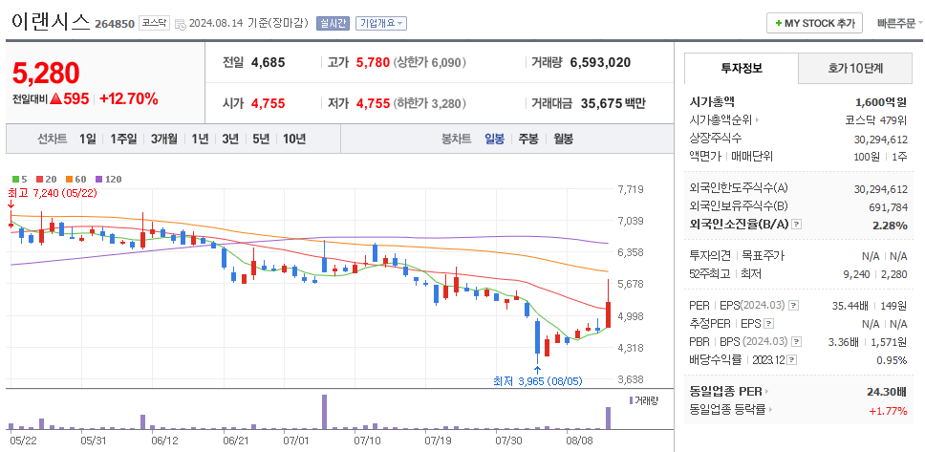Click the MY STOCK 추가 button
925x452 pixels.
pos(815,23)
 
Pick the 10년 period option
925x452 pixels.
pos(294,139)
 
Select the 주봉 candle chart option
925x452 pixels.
pos(527,139)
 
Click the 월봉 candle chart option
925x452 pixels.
pos(563,139)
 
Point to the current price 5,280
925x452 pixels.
pos(45,73)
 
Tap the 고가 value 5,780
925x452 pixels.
pos(373,63)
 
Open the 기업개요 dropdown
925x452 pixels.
pos(380,23)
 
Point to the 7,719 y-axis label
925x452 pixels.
pos(631,189)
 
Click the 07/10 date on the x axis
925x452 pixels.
pos(368,441)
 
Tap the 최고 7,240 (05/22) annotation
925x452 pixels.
pos(53,192)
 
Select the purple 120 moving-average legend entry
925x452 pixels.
pos(108,179)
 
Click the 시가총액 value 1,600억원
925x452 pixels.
pos(881,102)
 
